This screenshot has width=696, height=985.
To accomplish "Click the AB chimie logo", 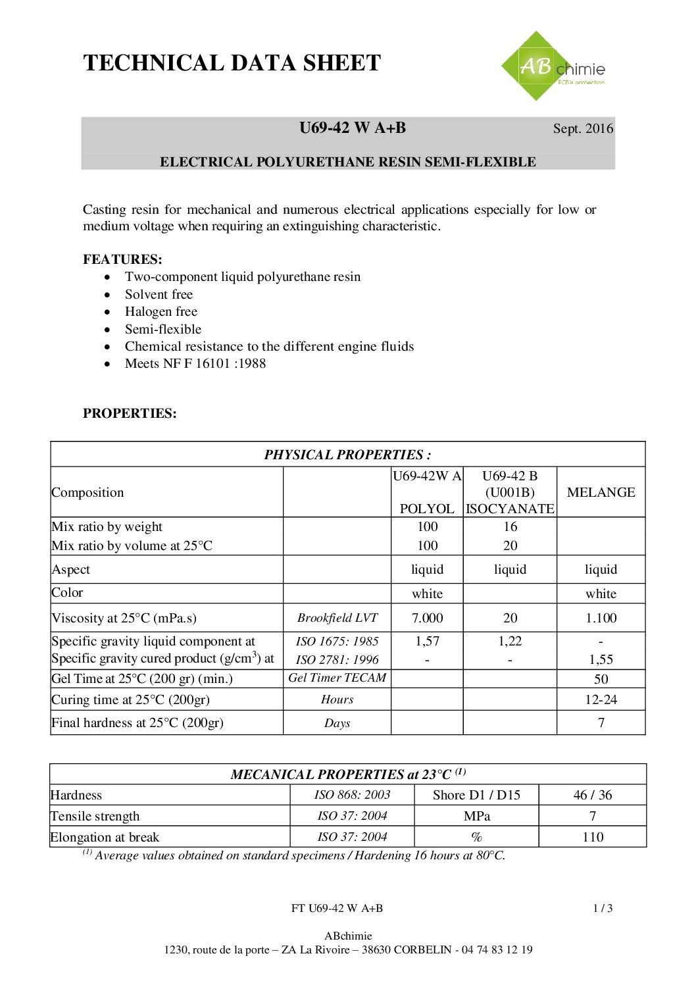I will [x=553, y=66].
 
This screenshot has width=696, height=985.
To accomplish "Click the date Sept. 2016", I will [x=583, y=129].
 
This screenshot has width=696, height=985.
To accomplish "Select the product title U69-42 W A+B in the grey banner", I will [x=353, y=128].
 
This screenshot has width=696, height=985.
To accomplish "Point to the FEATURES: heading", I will [x=122, y=259].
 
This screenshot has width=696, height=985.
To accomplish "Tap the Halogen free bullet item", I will [x=161, y=312].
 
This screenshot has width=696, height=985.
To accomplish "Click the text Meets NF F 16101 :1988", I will [x=195, y=364].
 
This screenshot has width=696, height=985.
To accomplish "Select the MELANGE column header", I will [x=601, y=492].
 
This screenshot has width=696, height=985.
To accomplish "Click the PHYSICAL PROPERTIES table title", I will [x=347, y=455].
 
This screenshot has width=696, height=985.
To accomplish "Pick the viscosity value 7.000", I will [x=427, y=618].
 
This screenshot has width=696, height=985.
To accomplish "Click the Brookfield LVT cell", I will [x=337, y=618].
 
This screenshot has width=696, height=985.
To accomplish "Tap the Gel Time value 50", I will [x=601, y=679].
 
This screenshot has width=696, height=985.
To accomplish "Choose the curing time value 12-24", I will [x=601, y=699].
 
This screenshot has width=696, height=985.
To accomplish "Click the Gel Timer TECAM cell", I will [x=337, y=678].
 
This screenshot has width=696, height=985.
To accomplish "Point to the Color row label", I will [x=67, y=593].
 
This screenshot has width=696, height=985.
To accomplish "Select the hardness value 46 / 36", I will [x=592, y=795].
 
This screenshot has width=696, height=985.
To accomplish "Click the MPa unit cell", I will [x=476, y=816].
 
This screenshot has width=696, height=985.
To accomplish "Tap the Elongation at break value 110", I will [x=592, y=837].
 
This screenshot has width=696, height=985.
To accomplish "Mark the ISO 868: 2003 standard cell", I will [x=352, y=795].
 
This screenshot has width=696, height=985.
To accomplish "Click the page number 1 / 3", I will [x=603, y=909].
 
